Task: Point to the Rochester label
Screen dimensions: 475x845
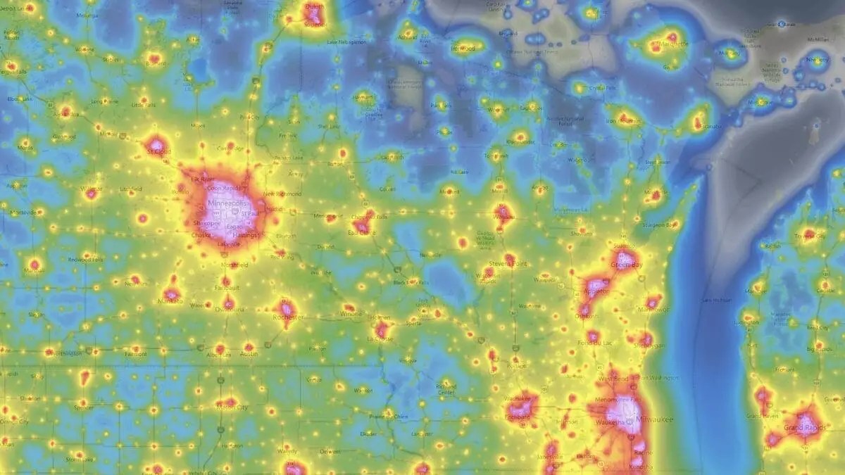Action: tap(287, 317)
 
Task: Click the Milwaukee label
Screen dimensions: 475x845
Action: tap(653, 420)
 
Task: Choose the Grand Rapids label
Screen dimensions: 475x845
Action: tap(802, 427)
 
